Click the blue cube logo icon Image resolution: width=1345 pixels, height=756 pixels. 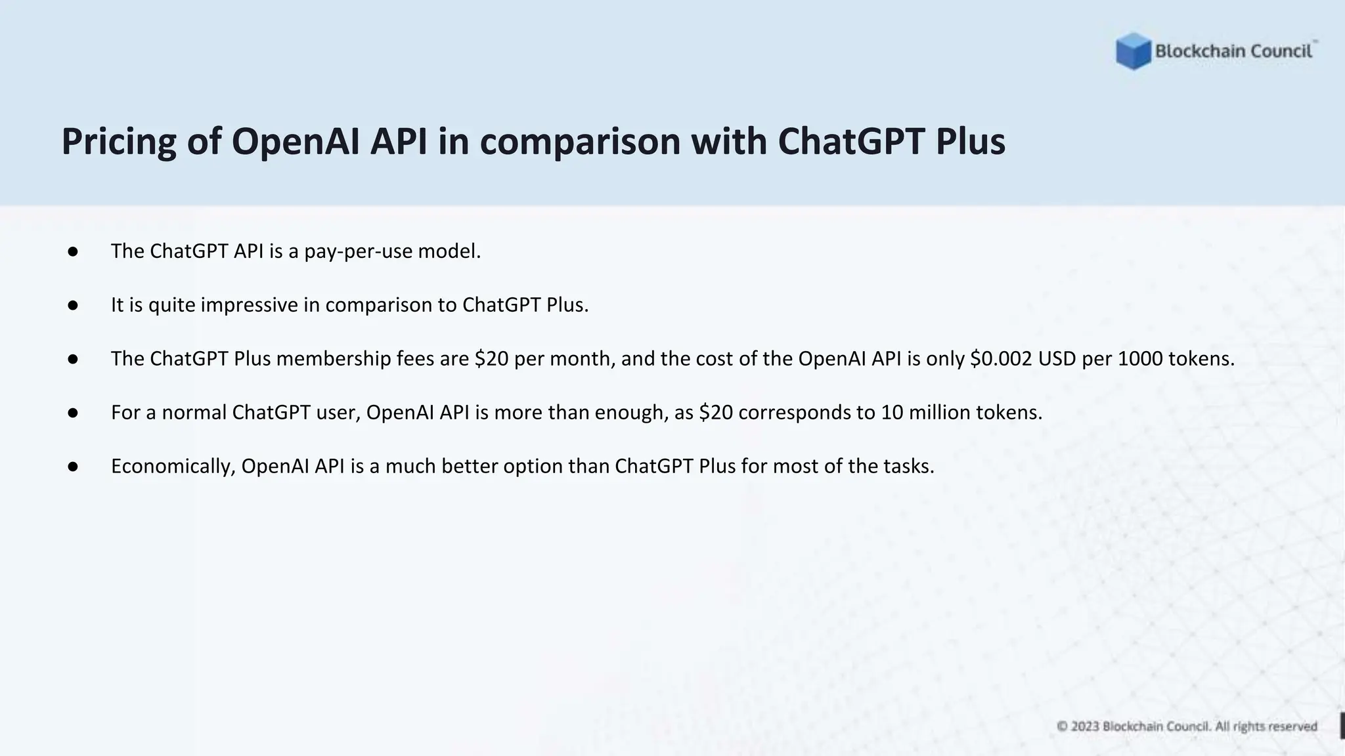1133,51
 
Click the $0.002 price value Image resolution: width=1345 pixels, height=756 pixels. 1001,359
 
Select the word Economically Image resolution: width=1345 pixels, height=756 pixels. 173,467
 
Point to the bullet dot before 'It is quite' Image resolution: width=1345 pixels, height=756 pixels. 73,305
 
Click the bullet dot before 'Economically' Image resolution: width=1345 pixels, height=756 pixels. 73,467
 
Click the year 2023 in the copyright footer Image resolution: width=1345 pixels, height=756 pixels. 1085,726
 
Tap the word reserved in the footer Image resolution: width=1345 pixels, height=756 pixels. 1292,726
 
